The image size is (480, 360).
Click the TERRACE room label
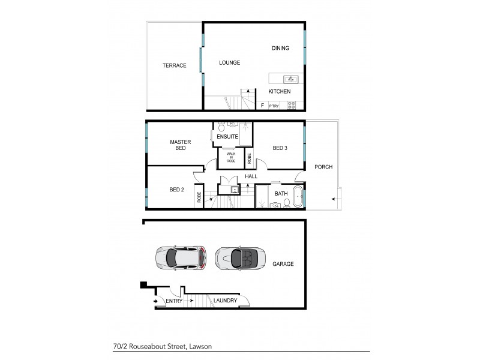(174, 65)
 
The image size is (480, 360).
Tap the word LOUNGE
(229, 62)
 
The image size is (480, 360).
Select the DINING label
(280, 49)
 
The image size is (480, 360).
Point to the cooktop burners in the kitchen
(292, 105)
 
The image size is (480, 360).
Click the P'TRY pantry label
(274, 106)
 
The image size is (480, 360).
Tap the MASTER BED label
(180, 145)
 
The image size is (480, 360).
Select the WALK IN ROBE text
(231, 158)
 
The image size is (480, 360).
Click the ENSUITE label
(228, 137)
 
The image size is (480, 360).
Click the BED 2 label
(176, 190)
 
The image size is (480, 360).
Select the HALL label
(251, 176)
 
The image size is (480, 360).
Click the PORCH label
(323, 167)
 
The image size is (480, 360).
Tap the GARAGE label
(283, 263)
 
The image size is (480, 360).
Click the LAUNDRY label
(225, 301)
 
